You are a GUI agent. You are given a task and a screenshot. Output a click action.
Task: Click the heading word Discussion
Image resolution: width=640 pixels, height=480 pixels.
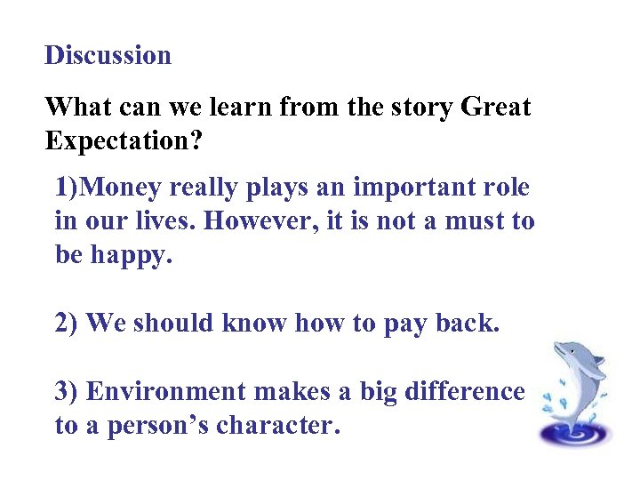point(108,55)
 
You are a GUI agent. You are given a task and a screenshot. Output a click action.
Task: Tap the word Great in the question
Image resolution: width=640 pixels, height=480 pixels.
point(496,108)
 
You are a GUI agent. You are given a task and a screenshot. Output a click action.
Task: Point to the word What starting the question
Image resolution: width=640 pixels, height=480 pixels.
point(76,108)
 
